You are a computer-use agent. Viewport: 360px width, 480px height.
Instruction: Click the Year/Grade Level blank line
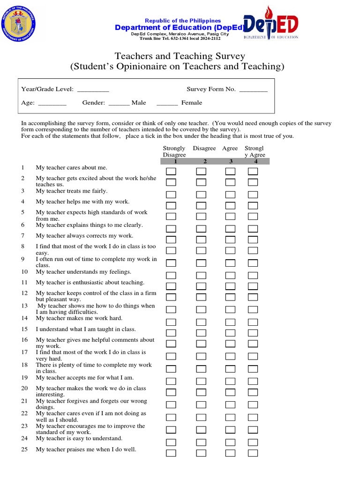(93, 90)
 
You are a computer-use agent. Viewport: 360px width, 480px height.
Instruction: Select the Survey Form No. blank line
(253, 90)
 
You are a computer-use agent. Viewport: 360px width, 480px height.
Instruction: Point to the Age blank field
(52, 103)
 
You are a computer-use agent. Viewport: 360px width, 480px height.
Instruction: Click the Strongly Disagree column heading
(174, 151)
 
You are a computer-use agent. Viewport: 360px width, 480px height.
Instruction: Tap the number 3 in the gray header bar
(231, 162)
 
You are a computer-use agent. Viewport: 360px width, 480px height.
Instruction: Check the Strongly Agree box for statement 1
(253, 172)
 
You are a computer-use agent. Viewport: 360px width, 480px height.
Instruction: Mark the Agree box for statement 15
(230, 333)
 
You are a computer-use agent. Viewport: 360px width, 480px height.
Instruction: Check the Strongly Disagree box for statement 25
(171, 453)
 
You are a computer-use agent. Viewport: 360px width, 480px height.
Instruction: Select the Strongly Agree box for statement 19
(253, 381)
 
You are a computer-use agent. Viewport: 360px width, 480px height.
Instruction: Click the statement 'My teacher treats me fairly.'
(71, 191)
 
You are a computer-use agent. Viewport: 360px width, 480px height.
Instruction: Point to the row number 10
(24, 272)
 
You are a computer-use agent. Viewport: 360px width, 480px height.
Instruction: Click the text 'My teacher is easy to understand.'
(79, 439)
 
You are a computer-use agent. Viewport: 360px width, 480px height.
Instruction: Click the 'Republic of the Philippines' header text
(183, 21)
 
